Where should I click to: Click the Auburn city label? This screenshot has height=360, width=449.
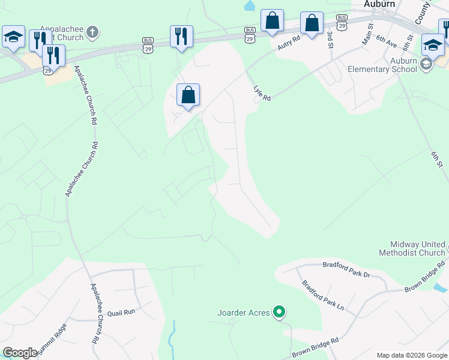(x=379, y=4)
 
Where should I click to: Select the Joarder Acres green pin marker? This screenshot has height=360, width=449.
(x=279, y=312)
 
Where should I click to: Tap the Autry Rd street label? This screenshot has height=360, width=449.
(x=288, y=43)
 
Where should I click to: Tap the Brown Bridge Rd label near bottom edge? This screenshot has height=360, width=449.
(x=315, y=350)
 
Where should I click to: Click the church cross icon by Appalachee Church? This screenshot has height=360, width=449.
(x=91, y=32)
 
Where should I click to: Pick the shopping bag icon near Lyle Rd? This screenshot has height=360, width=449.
(x=188, y=95)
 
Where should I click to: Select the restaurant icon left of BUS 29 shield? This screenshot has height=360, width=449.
(x=181, y=37)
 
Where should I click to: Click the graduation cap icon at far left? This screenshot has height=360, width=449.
(x=13, y=37)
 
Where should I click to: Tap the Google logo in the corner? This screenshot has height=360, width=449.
(x=20, y=353)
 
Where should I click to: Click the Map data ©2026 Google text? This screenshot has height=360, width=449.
(x=412, y=355)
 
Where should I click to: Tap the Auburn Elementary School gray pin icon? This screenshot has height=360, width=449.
(x=426, y=64)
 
